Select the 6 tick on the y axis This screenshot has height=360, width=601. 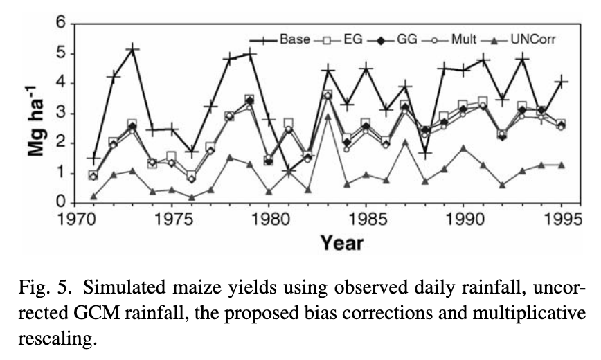(x=60, y=23)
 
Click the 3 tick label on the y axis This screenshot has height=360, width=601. (x=60, y=113)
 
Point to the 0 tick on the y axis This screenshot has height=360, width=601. (x=60, y=203)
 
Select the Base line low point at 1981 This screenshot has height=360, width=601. (x=289, y=171)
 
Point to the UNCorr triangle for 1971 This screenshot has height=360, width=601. (x=93, y=197)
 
